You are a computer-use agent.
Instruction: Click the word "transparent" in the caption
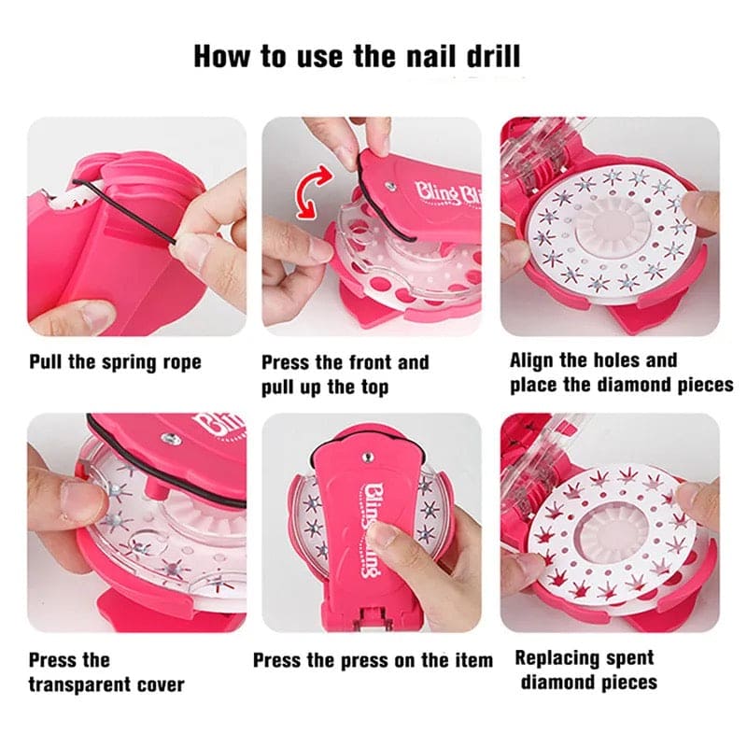pos(79,685)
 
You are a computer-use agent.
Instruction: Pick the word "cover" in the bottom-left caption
pos(161,685)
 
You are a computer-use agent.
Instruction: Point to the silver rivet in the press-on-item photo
pos(368,458)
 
